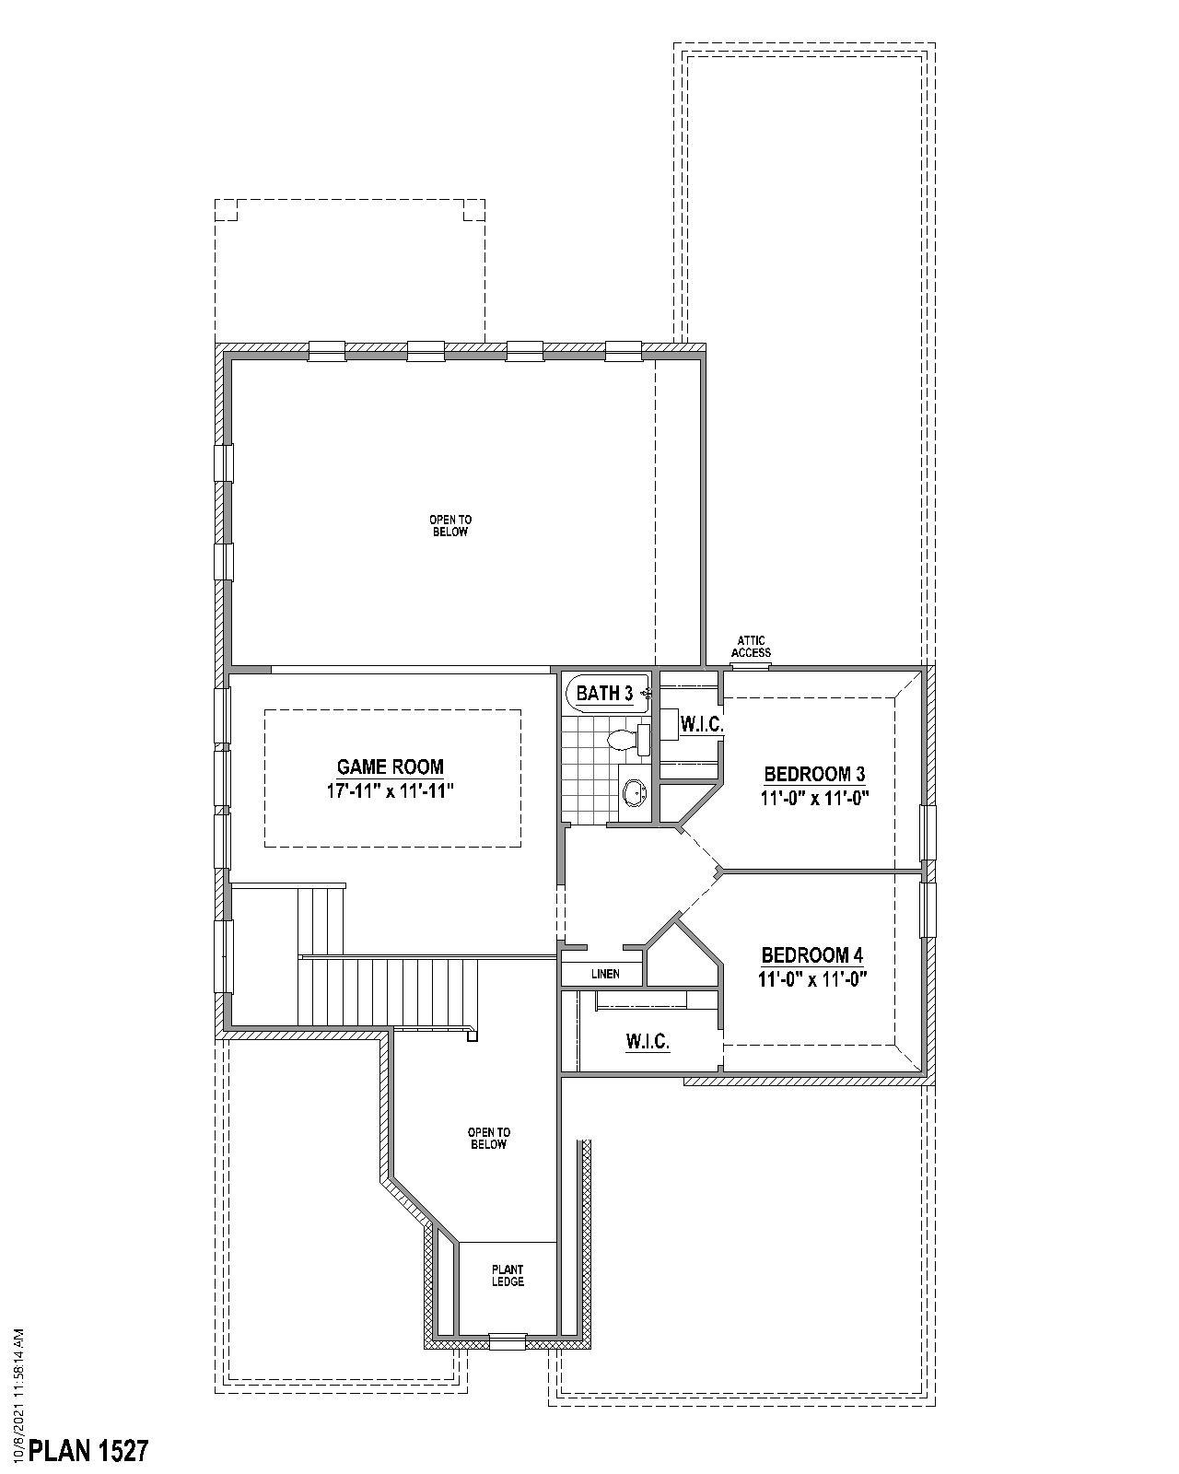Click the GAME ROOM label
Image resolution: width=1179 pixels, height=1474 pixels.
pyautogui.click(x=390, y=766)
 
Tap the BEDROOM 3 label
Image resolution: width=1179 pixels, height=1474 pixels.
pyautogui.click(x=814, y=774)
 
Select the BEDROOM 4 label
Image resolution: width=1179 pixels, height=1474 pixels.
pyautogui.click(x=812, y=955)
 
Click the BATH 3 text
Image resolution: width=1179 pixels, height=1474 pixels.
pyautogui.click(x=604, y=694)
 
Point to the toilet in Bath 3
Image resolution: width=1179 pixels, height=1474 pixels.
pyautogui.click(x=627, y=739)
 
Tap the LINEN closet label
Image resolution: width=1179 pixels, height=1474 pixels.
pyautogui.click(x=605, y=974)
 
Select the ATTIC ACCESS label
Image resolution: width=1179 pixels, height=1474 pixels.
pyautogui.click(x=751, y=647)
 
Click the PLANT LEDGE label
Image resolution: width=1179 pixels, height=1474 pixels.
pyautogui.click(x=508, y=1276)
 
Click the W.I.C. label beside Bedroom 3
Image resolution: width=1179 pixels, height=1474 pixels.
pyautogui.click(x=701, y=725)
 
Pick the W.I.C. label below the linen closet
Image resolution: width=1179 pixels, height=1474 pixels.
pyautogui.click(x=648, y=1042)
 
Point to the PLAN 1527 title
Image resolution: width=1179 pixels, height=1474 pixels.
pyautogui.click(x=88, y=1451)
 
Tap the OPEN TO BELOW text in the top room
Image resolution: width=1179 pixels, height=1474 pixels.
pyautogui.click(x=450, y=526)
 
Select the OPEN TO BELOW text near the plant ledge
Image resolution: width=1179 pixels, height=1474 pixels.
pyautogui.click(x=488, y=1139)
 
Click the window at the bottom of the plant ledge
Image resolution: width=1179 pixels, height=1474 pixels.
pyautogui.click(x=507, y=1341)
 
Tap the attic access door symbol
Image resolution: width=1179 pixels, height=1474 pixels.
pyautogui.click(x=751, y=665)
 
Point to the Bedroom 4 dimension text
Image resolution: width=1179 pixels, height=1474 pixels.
pyautogui.click(x=813, y=979)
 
